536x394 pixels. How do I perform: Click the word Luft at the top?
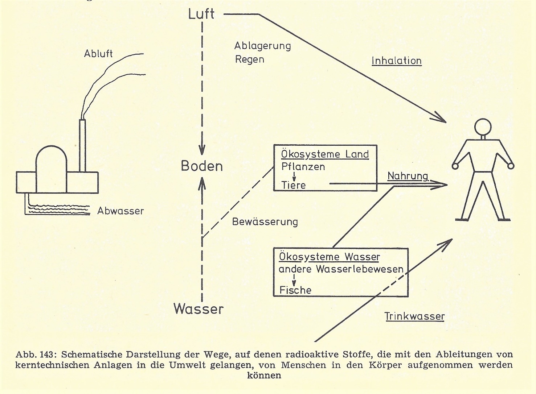[x=201, y=14]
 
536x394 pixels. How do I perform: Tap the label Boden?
[x=202, y=166]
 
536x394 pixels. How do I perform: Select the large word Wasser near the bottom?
[x=198, y=309]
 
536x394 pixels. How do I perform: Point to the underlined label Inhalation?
[x=396, y=61]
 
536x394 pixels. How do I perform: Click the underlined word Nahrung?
[x=408, y=176]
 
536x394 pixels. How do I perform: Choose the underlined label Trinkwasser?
[x=414, y=316]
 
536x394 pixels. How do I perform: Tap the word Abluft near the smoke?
[x=98, y=54]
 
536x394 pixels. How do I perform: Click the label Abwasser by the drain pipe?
[x=120, y=211]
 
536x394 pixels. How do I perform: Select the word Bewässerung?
[x=265, y=221]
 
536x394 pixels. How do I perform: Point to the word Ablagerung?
[x=262, y=46]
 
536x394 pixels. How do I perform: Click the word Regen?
[x=250, y=59]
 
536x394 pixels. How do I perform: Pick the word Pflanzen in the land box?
[x=303, y=167]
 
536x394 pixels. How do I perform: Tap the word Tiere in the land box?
[x=294, y=185]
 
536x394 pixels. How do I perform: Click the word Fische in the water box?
[x=295, y=290]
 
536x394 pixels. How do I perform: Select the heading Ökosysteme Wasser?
[x=330, y=257]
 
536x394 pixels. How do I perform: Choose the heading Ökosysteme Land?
[x=325, y=154]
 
